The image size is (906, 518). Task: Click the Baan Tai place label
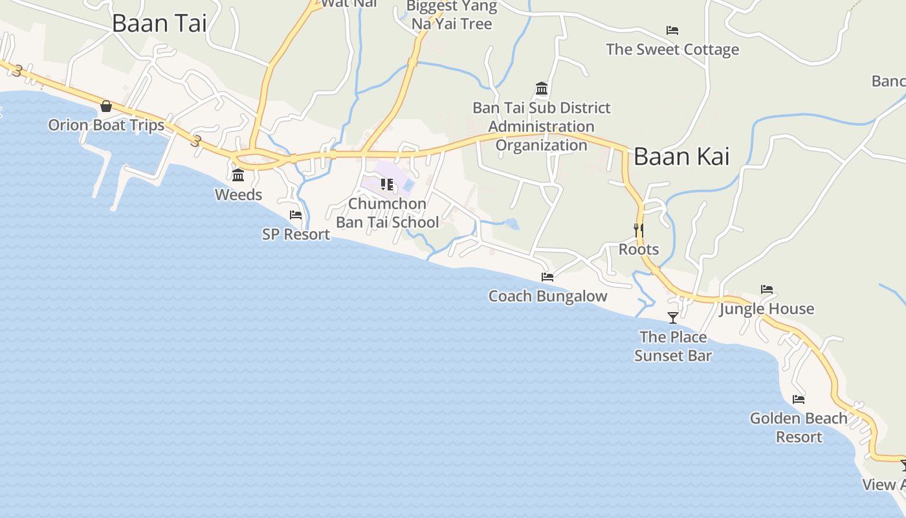click(x=159, y=23)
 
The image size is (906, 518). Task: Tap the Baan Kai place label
click(x=681, y=156)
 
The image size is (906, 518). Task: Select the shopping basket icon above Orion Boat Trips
click(x=106, y=106)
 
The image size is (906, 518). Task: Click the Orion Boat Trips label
click(x=106, y=125)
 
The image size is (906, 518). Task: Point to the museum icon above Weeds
click(x=238, y=175)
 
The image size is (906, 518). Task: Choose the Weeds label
click(x=238, y=195)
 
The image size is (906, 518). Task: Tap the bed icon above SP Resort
click(x=296, y=215)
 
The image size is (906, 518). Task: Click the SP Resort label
click(x=296, y=234)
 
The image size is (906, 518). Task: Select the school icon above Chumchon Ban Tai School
click(x=387, y=185)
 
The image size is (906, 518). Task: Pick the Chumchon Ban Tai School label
click(x=387, y=213)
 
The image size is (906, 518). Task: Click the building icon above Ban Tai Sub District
click(x=542, y=89)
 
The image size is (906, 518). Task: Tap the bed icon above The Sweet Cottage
click(x=672, y=30)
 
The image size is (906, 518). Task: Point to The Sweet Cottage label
click(x=672, y=50)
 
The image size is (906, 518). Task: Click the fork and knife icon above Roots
click(x=638, y=230)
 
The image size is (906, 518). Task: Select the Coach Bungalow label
click(x=547, y=297)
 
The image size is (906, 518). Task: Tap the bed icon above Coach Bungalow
click(x=547, y=277)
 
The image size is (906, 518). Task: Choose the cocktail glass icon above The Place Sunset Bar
click(x=673, y=317)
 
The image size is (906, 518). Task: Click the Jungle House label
click(x=767, y=309)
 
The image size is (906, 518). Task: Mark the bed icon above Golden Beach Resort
click(x=799, y=400)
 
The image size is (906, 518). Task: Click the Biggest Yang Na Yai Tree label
click(x=452, y=15)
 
